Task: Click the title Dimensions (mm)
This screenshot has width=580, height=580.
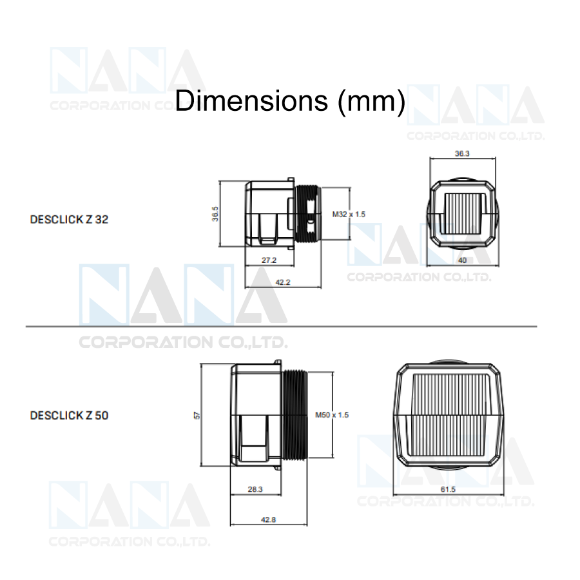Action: pos(290,101)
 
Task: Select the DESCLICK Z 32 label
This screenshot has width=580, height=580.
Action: pos(69,220)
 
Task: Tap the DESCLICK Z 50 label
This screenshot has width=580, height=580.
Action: pos(69,416)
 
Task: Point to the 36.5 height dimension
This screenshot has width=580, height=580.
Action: pos(215,214)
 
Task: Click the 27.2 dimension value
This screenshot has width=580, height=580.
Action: pos(269,260)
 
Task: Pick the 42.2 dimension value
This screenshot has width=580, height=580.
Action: pos(283,282)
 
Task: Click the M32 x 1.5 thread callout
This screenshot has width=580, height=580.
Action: pos(349,214)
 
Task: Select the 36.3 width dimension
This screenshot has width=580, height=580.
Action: pos(462,153)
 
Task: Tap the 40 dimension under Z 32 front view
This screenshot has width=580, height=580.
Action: pos(462,260)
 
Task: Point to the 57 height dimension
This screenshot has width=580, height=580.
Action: pos(197,416)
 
